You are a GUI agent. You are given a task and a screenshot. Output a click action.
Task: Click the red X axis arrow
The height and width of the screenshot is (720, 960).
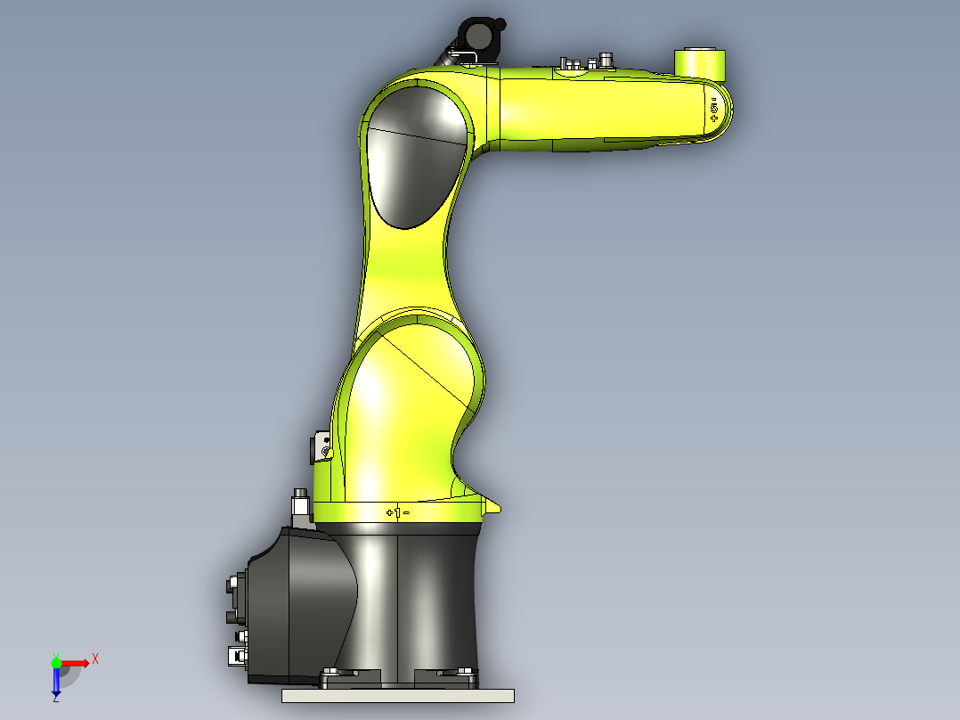click(x=75, y=662)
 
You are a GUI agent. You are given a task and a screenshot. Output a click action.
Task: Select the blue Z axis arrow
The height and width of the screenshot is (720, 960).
click(x=56, y=683)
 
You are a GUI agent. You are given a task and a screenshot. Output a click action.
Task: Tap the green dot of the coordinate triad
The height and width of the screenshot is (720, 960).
click(x=56, y=661)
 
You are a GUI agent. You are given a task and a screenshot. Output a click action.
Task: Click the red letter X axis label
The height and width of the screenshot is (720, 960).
click(x=95, y=659)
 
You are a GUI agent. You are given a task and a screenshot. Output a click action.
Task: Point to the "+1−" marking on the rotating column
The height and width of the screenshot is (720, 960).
click(x=397, y=512)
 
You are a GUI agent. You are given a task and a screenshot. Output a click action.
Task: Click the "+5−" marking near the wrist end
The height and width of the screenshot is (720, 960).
click(x=714, y=110)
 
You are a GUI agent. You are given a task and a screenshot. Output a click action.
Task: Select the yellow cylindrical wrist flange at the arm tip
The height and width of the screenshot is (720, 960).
click(x=700, y=62)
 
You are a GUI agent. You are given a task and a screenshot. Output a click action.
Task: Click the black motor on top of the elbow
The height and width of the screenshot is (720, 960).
click(x=478, y=37)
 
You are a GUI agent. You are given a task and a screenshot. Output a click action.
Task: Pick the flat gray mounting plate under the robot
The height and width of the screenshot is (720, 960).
click(x=397, y=695)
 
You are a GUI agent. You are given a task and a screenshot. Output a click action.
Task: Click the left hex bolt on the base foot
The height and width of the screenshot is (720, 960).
click(x=331, y=672)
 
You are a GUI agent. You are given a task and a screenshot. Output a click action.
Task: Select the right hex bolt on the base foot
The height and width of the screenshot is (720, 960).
click(x=465, y=671)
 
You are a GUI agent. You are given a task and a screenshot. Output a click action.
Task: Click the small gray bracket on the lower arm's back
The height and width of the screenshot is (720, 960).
click(x=321, y=446)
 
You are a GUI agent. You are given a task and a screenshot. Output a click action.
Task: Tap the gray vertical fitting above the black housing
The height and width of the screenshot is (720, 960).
click(x=301, y=505)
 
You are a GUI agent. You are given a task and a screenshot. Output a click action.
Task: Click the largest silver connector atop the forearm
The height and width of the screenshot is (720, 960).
click(x=609, y=60)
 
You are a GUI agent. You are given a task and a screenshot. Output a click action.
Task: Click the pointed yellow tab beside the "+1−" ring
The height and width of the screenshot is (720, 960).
click(x=492, y=507)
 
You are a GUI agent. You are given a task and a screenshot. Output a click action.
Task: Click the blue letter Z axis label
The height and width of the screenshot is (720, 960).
click(x=55, y=699)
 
